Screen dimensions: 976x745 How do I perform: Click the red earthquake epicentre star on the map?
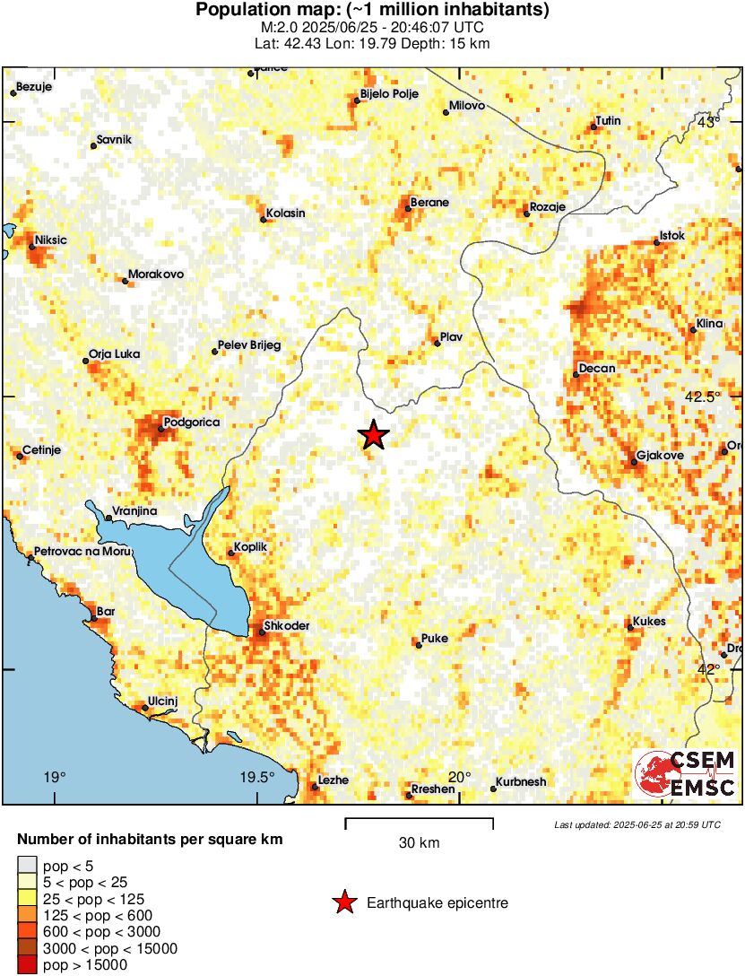click(374, 435)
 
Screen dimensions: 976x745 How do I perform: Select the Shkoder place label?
click(287, 626)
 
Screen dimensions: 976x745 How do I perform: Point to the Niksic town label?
click(52, 240)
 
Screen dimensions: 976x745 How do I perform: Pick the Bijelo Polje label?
click(389, 93)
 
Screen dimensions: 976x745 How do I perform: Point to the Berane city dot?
click(408, 209)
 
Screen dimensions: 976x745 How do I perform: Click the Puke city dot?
click(418, 644)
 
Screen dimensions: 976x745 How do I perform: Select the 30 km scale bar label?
click(419, 842)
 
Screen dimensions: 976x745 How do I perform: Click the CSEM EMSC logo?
click(685, 774)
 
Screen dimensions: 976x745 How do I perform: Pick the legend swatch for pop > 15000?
click(28, 965)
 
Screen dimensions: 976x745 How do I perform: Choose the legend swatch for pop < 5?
click(28, 867)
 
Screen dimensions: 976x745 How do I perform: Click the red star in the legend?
click(343, 903)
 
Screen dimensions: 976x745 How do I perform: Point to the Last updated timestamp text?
click(637, 824)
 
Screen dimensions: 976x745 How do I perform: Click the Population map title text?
click(372, 11)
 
